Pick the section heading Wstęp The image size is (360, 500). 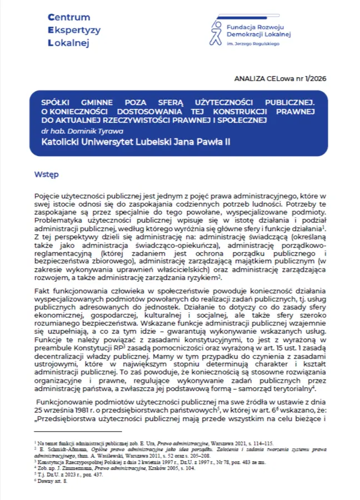47,174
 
